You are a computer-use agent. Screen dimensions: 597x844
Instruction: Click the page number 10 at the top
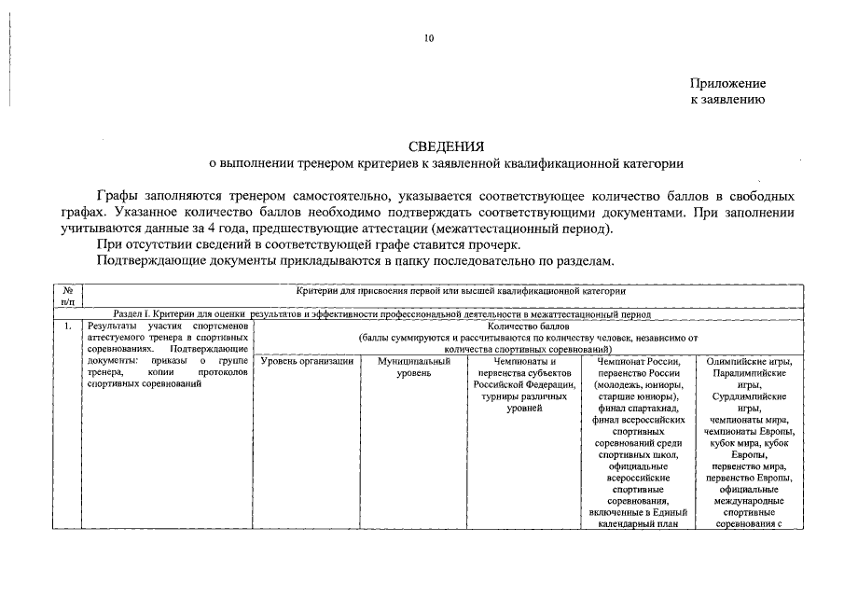point(429,38)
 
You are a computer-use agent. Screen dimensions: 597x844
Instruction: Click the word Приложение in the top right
point(727,84)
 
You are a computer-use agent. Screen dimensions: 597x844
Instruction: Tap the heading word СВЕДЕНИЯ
point(446,147)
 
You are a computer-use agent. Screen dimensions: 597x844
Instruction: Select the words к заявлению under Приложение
point(727,100)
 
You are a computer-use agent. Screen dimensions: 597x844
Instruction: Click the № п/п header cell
point(68,297)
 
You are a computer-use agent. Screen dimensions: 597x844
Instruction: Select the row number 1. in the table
point(68,327)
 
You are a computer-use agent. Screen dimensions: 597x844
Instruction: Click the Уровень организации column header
point(306,361)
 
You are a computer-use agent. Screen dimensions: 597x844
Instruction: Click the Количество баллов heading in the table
point(528,327)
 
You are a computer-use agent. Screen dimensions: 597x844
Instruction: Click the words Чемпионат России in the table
point(639,361)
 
